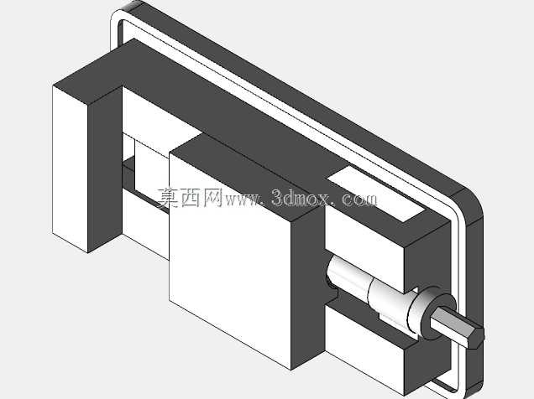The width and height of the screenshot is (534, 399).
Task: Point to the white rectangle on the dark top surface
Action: point(376,194)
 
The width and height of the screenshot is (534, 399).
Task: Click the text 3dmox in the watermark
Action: point(301,198)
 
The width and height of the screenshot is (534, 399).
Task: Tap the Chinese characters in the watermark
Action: point(190,198)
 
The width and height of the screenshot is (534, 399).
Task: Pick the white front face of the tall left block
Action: point(71,168)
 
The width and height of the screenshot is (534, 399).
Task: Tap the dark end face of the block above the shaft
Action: point(427,258)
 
